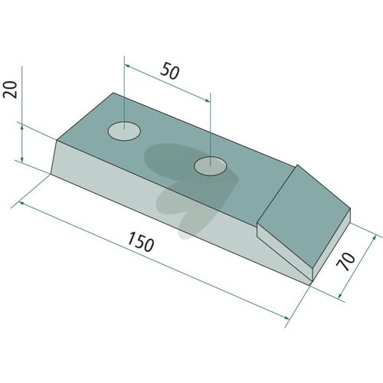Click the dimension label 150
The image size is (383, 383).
(x=141, y=241)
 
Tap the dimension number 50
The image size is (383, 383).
(x=170, y=70)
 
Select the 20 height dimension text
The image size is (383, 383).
(x=10, y=90)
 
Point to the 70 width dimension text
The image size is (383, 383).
(x=345, y=261)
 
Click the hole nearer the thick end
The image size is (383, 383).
(x=124, y=131)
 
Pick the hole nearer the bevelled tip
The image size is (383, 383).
(x=210, y=166)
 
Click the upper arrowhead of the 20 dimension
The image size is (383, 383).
(x=22, y=127)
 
